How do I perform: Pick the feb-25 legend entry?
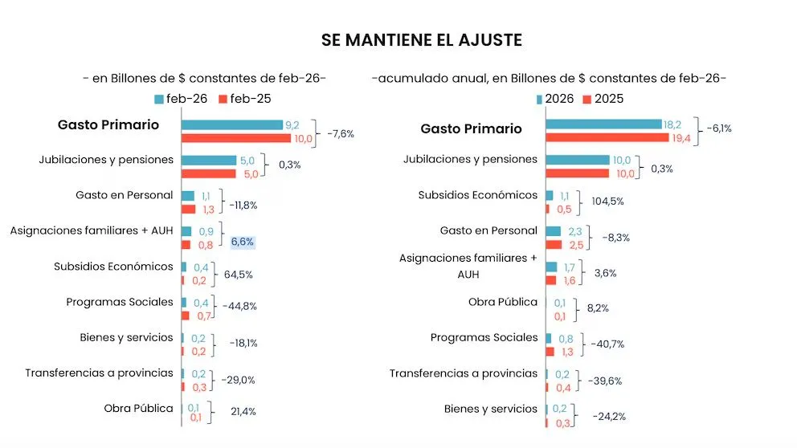pos(248,99)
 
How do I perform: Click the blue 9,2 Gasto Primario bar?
pos(231,124)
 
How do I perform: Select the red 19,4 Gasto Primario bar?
pos(607,138)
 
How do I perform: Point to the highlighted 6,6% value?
pos(243,242)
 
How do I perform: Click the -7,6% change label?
pos(340,133)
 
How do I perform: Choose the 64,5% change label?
pos(238,275)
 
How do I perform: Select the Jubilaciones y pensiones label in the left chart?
pos(106,160)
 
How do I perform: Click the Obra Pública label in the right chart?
pos(503,302)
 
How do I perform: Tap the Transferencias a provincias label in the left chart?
pos(99,373)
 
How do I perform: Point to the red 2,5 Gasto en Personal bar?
pos(554,244)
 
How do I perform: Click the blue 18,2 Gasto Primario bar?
pos(603,124)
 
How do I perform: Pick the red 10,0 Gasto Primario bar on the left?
pos(235,138)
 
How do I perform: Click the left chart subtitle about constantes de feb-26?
pos(205,78)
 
